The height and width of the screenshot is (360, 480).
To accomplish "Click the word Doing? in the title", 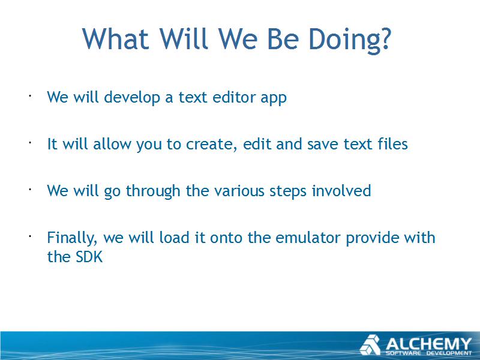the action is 350,39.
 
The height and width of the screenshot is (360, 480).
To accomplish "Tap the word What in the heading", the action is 115,39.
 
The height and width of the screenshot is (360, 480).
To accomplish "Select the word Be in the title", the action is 283,39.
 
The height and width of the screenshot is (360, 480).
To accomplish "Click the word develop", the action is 132,98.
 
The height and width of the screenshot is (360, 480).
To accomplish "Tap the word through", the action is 153,191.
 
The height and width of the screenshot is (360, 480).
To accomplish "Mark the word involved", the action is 341,190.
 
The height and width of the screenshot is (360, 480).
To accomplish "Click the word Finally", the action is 72,238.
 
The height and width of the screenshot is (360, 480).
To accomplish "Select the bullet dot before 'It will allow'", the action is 31,143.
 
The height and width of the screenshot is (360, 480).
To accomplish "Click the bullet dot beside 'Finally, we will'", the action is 31,236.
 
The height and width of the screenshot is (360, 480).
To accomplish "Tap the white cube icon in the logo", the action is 370,344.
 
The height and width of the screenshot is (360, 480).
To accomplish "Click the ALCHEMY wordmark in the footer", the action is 428,344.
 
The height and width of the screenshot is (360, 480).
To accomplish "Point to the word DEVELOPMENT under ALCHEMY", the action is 449,353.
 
